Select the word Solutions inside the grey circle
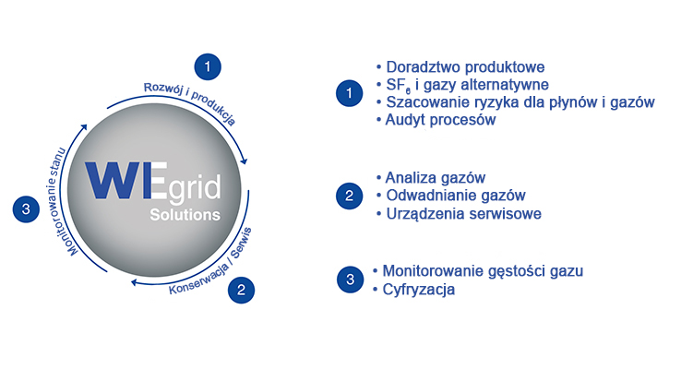point(185,215)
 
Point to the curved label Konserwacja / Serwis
point(210,261)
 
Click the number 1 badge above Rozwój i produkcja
point(209,65)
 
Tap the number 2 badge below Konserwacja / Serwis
point(241,289)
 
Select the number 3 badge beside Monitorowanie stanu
point(26,209)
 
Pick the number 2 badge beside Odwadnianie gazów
point(349,196)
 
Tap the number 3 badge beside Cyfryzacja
point(349,280)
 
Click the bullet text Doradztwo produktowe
point(465,67)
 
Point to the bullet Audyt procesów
point(440,119)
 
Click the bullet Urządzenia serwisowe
point(463,213)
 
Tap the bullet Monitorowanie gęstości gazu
point(483,271)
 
